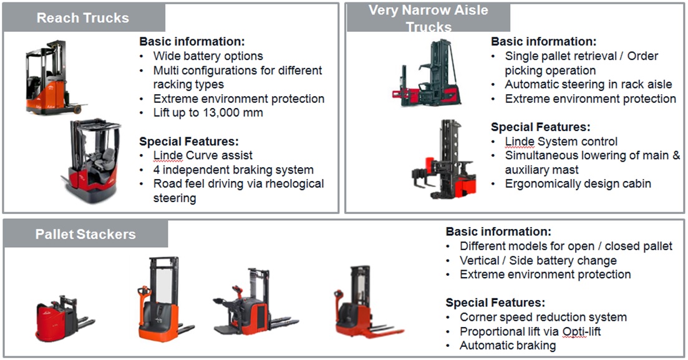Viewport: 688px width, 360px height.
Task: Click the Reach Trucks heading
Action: pos(82,18)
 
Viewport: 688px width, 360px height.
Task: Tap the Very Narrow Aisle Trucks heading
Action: pos(429,19)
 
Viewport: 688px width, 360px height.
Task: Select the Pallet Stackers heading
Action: pos(85,235)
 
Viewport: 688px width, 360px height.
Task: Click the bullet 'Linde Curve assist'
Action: pos(203,155)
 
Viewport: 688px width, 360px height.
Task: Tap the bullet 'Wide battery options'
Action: pos(208,56)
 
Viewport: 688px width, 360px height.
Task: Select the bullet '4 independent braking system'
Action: pos(233,170)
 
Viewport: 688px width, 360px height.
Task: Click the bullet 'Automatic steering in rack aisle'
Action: pos(588,84)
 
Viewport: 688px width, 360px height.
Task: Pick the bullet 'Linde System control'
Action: pos(561,142)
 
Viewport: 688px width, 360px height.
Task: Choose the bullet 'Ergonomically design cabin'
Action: pos(578,184)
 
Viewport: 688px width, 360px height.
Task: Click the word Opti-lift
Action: pos(581,331)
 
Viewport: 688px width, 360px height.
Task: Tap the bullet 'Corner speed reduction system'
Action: pos(543,317)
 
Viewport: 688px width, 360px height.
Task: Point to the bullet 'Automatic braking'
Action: pos(508,346)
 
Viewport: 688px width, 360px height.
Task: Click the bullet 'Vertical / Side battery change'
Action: pos(538,260)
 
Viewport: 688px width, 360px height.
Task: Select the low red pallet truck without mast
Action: pos(65,318)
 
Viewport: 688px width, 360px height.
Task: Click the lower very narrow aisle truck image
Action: pos(444,159)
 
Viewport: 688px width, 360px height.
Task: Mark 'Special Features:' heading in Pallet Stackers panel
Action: pos(495,303)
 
